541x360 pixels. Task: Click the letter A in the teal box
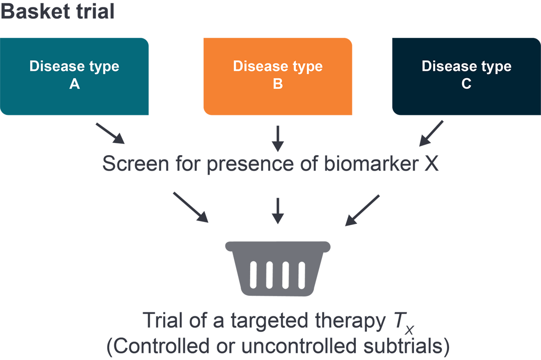pos(74,84)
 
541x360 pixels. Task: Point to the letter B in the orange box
pos(278,84)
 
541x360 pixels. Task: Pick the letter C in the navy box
pos(466,84)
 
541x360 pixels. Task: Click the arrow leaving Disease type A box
pos(110,133)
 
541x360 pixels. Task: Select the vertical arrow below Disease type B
pos(278,138)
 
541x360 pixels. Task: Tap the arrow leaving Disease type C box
pos(432,133)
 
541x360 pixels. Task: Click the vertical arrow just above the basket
pos(278,210)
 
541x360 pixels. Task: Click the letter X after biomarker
pos(431,164)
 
